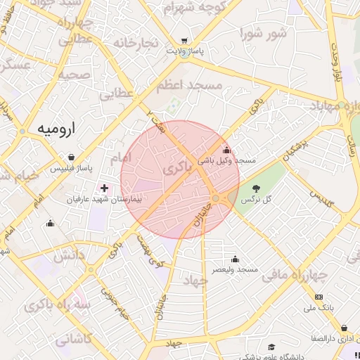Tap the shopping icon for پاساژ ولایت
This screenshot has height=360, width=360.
point(184,41)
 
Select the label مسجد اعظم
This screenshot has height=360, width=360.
point(191,85)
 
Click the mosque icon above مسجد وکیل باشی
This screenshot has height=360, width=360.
point(226,150)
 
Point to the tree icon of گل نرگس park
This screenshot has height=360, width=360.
point(256,188)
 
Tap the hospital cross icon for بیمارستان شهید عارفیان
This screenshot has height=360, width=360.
point(105,188)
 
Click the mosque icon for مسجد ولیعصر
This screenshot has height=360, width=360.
point(234,259)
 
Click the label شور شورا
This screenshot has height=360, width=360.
point(263,32)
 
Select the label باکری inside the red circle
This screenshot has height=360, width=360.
point(177,169)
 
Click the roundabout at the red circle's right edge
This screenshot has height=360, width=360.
point(215,198)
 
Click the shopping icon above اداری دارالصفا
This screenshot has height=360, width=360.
point(344,328)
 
